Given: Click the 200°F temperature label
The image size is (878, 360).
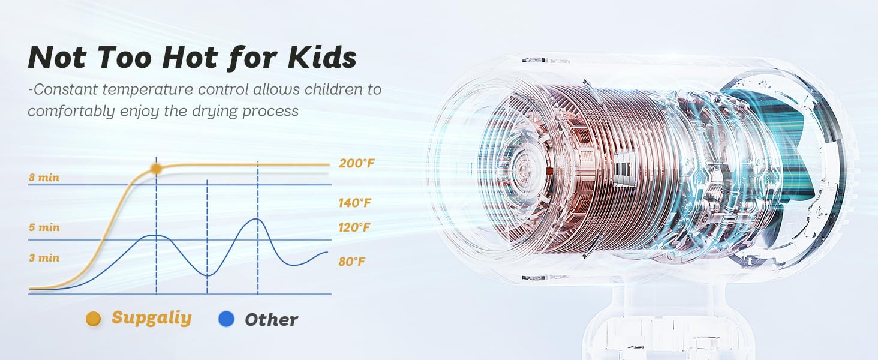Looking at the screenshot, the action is tap(357, 163).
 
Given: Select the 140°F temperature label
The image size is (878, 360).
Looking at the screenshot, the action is tap(354, 203).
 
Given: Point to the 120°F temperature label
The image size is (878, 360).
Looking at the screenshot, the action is tap(354, 227).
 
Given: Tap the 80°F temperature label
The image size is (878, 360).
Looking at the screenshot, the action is tap(352, 261).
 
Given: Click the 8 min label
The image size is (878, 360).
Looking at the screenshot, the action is tap(44, 178).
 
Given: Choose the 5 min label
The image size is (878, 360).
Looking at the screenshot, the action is tap(44, 227).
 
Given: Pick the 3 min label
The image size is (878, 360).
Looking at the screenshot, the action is tap(44, 258).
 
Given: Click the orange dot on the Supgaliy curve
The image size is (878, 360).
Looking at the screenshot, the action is tap(156, 169).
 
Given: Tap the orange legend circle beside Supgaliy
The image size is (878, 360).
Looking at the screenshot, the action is tap(94, 319).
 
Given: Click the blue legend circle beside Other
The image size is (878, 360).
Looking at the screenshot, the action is tap(226, 319).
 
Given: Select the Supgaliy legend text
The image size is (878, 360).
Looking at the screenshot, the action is tap(152, 317).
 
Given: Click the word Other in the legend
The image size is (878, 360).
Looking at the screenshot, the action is tap(271, 320).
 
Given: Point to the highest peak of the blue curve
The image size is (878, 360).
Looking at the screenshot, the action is tap(257, 219).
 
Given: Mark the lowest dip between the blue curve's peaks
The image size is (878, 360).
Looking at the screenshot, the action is tap(208, 275).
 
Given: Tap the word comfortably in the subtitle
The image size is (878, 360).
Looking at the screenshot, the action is tap(71, 112).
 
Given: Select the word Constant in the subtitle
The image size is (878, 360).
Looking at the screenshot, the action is tap(65, 89).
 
